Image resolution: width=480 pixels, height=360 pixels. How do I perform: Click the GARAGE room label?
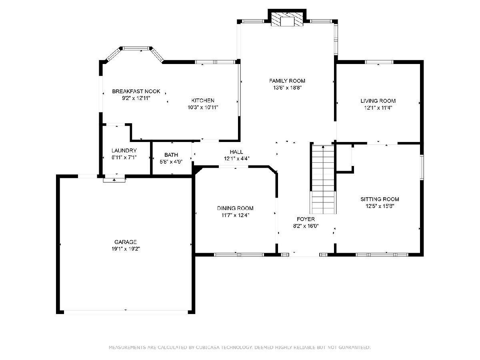coord(126,242)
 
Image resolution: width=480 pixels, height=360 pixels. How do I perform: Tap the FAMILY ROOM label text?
coord(287,81)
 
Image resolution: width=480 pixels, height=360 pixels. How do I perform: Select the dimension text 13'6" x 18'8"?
coord(287,88)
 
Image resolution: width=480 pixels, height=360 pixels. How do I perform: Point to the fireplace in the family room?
coord(287,19)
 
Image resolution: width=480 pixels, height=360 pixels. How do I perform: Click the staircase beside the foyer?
coord(323,179)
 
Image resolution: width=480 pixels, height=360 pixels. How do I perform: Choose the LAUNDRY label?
coord(124,150)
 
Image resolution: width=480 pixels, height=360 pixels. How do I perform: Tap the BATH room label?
coord(171,155)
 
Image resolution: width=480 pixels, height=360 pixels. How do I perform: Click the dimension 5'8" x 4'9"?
coord(171,162)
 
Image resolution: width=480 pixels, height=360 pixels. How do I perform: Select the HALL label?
coord(236,152)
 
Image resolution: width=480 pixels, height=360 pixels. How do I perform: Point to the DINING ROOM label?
coord(235,208)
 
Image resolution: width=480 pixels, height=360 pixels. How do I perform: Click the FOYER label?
coord(306,219)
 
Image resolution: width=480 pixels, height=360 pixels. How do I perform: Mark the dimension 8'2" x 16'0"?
coord(306,226)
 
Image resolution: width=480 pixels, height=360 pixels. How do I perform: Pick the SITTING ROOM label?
coord(380,199)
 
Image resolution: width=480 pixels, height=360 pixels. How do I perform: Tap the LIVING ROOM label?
coord(378,101)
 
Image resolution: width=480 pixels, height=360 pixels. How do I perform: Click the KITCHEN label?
coord(203,100)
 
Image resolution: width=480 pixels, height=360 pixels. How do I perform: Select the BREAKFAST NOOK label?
coord(136,91)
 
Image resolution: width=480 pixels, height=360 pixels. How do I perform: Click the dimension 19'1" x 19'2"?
coord(126,249)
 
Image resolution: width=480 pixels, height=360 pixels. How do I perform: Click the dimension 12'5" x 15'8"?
coord(380,206)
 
